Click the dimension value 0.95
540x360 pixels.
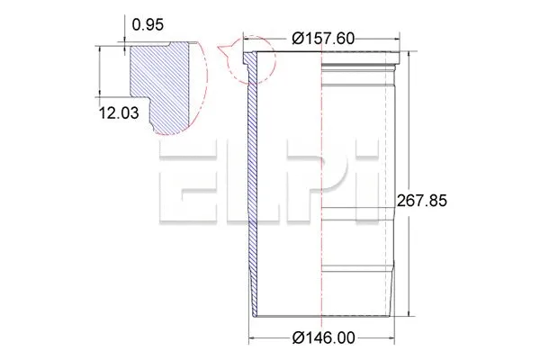click(x=148, y=24)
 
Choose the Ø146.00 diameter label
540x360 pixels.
click(x=322, y=338)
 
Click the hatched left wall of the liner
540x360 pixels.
click(x=253, y=180)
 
